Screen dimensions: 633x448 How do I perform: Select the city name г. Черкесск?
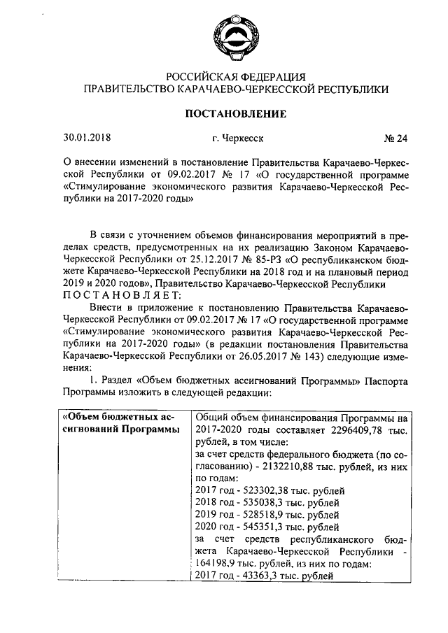point(237,138)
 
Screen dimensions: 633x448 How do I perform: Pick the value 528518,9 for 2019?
point(266,515)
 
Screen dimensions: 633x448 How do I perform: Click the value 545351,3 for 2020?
point(266,527)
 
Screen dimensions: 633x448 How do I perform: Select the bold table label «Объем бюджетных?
point(116,417)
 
